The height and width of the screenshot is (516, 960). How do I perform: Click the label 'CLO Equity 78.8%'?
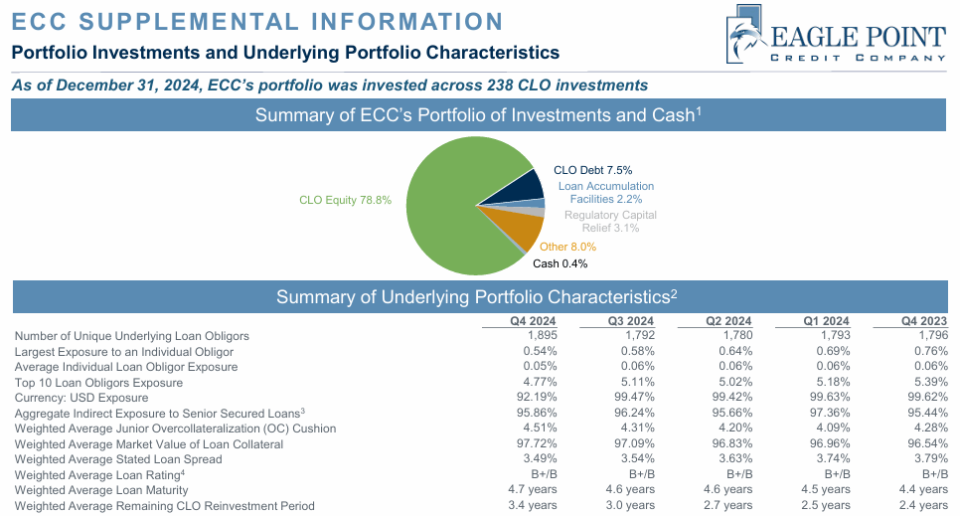[346, 200]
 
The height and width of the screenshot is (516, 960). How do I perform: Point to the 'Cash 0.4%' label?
[560, 263]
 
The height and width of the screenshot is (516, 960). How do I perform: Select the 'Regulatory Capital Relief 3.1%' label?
[610, 221]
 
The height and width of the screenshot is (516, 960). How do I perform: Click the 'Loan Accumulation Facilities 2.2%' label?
[605, 192]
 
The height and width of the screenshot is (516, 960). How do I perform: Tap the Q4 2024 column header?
[532, 320]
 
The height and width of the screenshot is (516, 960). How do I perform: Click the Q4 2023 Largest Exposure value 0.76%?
[928, 352]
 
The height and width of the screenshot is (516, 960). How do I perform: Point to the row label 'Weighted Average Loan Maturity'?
[101, 490]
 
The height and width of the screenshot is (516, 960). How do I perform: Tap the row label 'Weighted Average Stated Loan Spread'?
[118, 459]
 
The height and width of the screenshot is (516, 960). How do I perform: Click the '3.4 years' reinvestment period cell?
[532, 506]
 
